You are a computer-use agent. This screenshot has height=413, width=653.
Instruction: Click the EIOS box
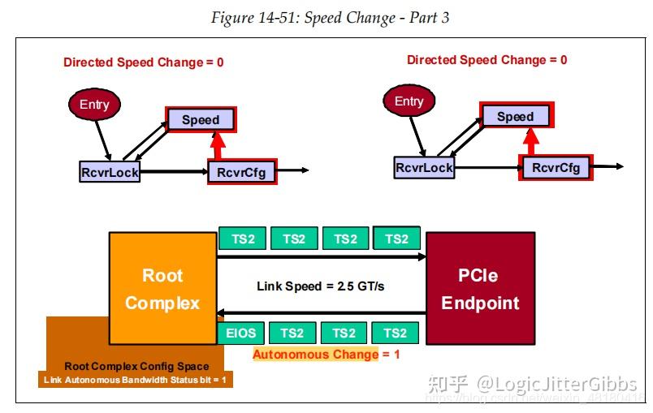pos(240,333)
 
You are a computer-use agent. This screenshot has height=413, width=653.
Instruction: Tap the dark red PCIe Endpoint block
pos(480,288)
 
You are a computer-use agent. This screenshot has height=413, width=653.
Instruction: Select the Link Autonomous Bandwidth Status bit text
pos(136,380)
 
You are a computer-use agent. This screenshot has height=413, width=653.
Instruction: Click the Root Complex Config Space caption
pos(136,366)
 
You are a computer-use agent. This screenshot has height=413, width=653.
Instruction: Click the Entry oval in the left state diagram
pos(94,105)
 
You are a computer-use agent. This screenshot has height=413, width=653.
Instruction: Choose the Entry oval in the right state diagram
pos(409,101)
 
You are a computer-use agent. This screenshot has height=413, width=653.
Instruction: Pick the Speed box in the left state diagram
pos(201,119)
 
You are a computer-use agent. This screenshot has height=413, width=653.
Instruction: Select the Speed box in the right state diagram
pos(515,116)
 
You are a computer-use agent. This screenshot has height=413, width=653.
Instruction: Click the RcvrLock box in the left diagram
pos(110,171)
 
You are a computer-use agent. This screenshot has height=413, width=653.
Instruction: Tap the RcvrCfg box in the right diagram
pos(556,167)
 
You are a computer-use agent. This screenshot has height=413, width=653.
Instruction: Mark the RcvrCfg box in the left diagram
pos(241,171)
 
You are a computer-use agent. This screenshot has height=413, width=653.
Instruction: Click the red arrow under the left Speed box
pos(218,146)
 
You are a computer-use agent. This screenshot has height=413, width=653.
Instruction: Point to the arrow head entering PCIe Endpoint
pos(420,257)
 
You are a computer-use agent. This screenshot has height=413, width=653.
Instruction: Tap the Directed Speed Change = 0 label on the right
pos(487,60)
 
